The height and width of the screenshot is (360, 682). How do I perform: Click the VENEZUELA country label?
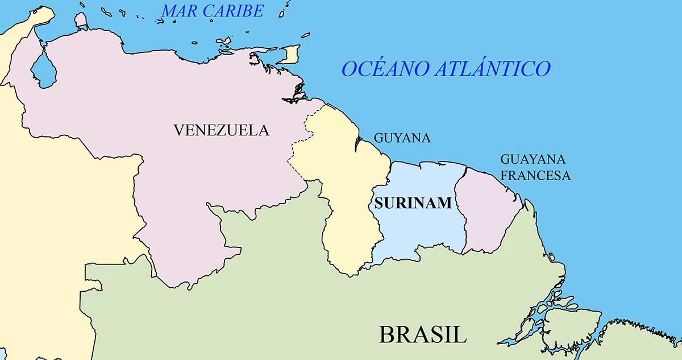(x=221, y=130)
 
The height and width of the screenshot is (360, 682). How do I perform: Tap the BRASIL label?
(x=423, y=334)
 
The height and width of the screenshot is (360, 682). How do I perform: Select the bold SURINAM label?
(x=413, y=202)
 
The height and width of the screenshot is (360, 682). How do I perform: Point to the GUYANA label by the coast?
(x=402, y=138)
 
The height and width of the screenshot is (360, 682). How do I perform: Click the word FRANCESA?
(x=535, y=175)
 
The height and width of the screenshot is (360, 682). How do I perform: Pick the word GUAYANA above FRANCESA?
(x=533, y=159)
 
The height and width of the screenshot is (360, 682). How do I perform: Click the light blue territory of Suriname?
(x=421, y=227)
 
